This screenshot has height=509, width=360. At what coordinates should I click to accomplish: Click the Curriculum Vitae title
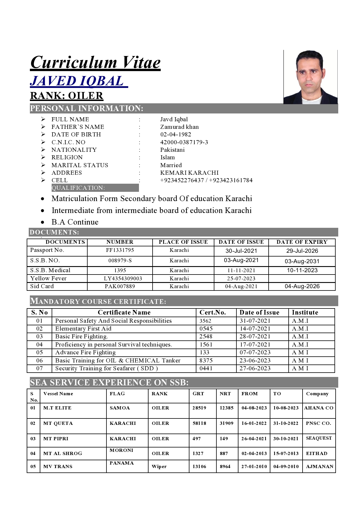(x=95, y=62)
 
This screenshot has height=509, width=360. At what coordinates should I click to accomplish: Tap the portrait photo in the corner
(x=310, y=77)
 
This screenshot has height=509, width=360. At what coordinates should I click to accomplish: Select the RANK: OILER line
(x=67, y=96)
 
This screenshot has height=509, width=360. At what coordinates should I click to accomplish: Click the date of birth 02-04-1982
(x=176, y=134)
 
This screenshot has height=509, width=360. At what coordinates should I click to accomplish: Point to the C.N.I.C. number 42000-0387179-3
(x=184, y=142)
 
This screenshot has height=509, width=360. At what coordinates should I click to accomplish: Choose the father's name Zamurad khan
(x=180, y=127)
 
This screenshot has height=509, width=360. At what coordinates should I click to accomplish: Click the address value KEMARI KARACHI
(x=189, y=173)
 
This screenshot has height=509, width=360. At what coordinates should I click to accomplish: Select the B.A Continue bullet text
(x=75, y=222)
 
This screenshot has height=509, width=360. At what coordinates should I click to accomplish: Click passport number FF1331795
(x=120, y=250)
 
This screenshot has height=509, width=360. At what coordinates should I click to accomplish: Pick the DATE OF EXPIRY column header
(x=302, y=242)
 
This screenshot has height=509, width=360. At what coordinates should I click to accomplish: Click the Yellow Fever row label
(x=48, y=278)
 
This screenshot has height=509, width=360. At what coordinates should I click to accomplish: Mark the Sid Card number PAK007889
(x=120, y=286)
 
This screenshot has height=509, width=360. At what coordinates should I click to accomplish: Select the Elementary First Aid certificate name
(x=83, y=328)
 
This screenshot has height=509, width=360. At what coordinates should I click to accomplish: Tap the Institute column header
(x=305, y=313)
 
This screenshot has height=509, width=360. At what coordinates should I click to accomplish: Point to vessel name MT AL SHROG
(x=63, y=453)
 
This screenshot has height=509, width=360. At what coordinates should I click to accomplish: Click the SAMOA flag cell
(x=120, y=408)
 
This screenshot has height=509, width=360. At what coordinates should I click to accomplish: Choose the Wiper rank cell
(x=159, y=466)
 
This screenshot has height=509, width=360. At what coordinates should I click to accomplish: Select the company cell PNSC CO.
(x=319, y=423)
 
